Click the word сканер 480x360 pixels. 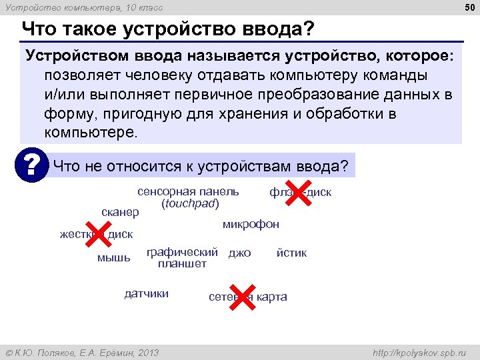[120, 212]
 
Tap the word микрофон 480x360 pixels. [251, 224]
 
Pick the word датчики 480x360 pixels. [147, 294]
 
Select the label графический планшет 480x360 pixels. [182, 258]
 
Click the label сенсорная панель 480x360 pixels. [188, 192]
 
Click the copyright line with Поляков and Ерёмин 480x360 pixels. [82, 352]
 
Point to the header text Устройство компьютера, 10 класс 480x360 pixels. [84, 7]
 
